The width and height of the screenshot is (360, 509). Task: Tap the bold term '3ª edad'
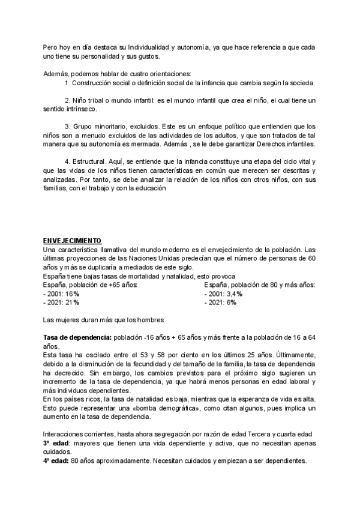point(56,442)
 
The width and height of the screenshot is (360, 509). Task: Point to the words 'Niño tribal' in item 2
point(89,100)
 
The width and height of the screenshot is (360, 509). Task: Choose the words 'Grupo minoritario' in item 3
point(100,127)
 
